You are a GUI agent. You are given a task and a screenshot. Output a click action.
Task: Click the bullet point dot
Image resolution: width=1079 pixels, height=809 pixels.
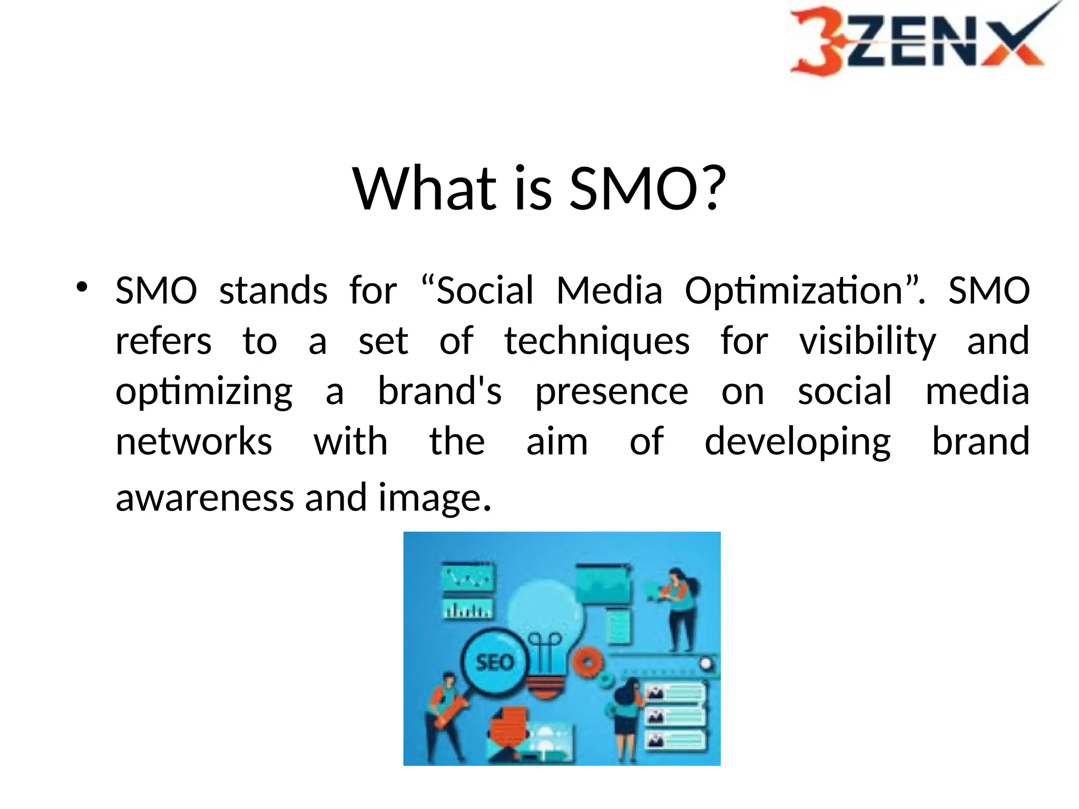pos(81,288)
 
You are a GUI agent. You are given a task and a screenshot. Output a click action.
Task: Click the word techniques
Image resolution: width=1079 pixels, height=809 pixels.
pos(597,341)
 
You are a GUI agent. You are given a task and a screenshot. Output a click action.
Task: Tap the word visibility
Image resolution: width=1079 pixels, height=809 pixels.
pos(867,341)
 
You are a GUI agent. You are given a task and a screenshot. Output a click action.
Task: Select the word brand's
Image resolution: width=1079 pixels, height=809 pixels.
pos(440,391)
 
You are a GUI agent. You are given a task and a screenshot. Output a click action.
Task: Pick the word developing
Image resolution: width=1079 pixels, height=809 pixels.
pos(797,442)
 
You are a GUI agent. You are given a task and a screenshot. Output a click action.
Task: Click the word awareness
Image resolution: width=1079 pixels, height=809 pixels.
pos(204,498)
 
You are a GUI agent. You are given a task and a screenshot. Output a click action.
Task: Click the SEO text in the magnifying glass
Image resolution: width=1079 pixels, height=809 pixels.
pos(494,662)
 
